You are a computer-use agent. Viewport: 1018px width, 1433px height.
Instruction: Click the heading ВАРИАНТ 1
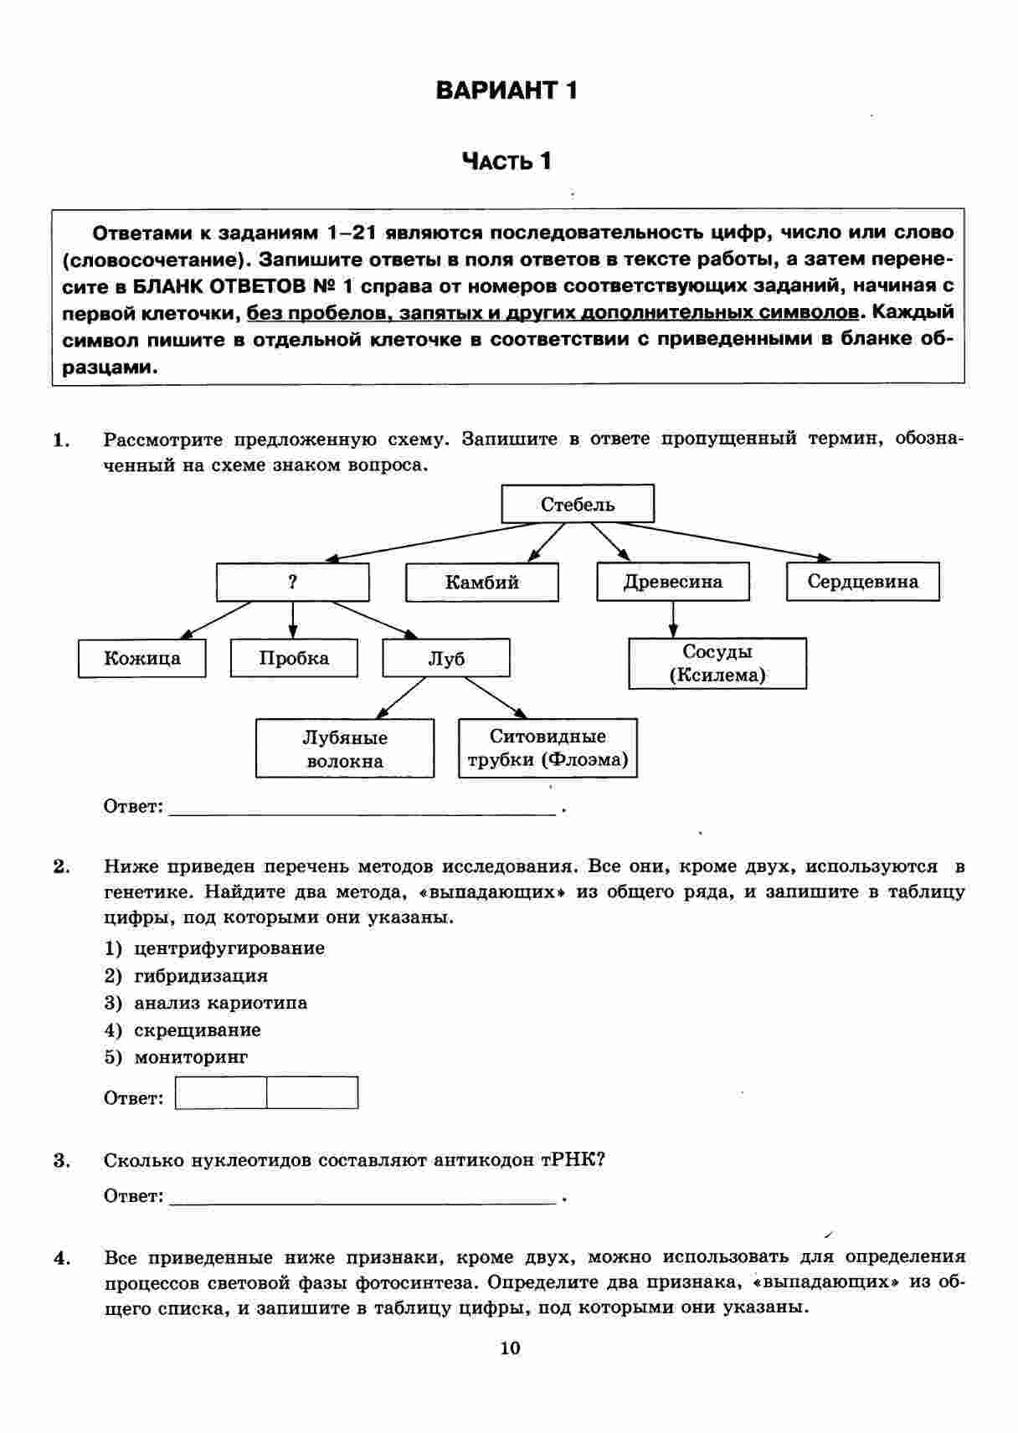pyautogui.click(x=506, y=90)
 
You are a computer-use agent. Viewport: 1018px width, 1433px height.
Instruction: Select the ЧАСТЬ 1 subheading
pyautogui.click(x=506, y=161)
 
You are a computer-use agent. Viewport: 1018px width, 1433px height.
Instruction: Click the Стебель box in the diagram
pyautogui.click(x=578, y=504)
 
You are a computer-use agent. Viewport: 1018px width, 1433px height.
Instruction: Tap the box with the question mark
pyautogui.click(x=292, y=582)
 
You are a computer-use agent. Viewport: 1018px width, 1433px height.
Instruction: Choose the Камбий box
pyautogui.click(x=481, y=582)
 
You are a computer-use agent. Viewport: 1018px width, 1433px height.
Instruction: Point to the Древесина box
pyautogui.click(x=672, y=582)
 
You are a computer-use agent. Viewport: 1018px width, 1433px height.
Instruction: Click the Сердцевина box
pyautogui.click(x=862, y=582)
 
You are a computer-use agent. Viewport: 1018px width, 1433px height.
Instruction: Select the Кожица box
pyautogui.click(x=141, y=658)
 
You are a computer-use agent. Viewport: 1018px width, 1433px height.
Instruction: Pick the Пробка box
pyautogui.click(x=294, y=658)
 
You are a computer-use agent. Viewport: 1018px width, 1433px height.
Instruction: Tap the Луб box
pyautogui.click(x=446, y=658)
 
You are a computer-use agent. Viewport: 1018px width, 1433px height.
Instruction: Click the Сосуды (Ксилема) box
pyautogui.click(x=717, y=663)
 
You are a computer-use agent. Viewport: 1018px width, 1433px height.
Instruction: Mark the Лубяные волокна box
pyautogui.click(x=345, y=748)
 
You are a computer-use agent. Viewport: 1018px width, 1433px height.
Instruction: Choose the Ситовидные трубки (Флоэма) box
pyautogui.click(x=548, y=747)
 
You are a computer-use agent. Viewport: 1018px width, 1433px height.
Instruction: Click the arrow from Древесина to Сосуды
pyautogui.click(x=673, y=619)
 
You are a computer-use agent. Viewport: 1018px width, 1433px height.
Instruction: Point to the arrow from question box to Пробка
pyautogui.click(x=292, y=620)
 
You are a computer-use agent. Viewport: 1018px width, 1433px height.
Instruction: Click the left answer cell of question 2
pyautogui.click(x=221, y=1092)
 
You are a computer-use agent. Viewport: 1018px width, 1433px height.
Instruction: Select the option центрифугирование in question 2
pyautogui.click(x=229, y=948)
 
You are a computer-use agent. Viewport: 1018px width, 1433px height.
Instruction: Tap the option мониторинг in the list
pyautogui.click(x=191, y=1057)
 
